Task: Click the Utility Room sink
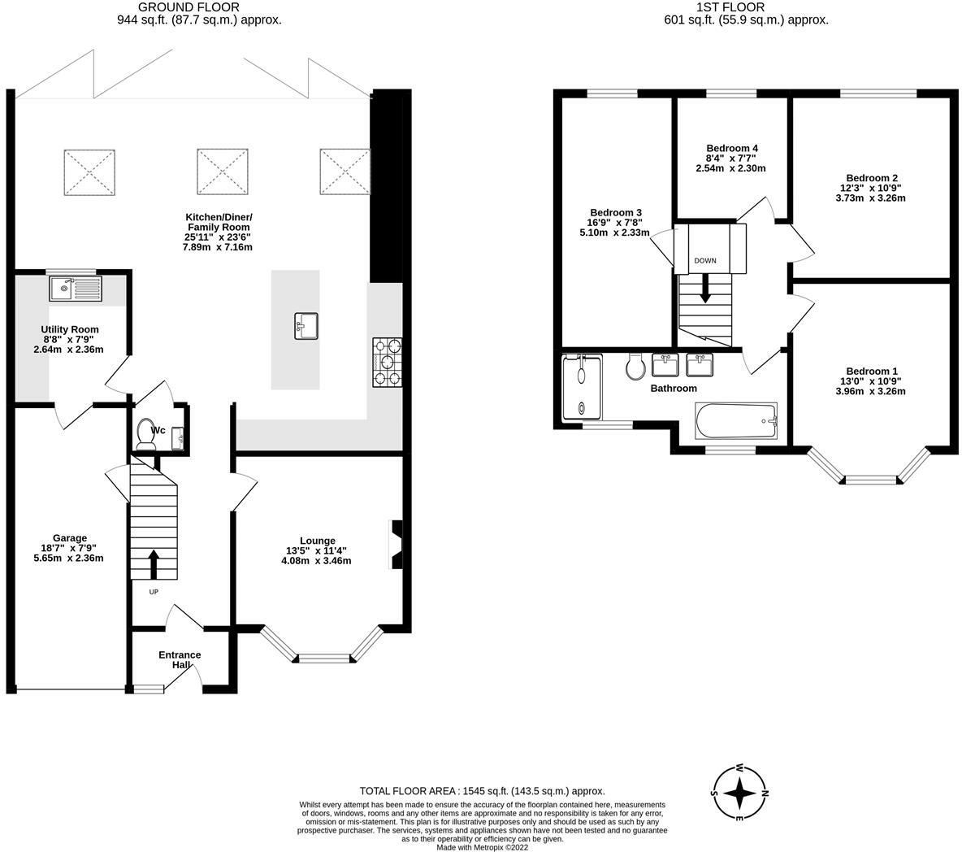coord(76,289)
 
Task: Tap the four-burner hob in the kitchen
coord(387,362)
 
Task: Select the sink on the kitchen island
coord(306,326)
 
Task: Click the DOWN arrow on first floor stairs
coord(705,287)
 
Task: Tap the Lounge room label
coord(318,541)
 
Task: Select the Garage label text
coord(69,538)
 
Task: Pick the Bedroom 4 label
coord(732,148)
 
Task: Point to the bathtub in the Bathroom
coord(736,421)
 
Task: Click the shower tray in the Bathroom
coord(583,387)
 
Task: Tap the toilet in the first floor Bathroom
coord(636,367)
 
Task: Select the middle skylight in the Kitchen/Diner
coord(223,172)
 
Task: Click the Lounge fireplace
coord(396,545)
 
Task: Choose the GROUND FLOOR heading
coord(188,7)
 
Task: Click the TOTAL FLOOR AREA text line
coord(483,791)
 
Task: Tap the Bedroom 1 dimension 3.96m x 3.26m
coord(870,391)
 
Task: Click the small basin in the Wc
coord(177,438)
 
